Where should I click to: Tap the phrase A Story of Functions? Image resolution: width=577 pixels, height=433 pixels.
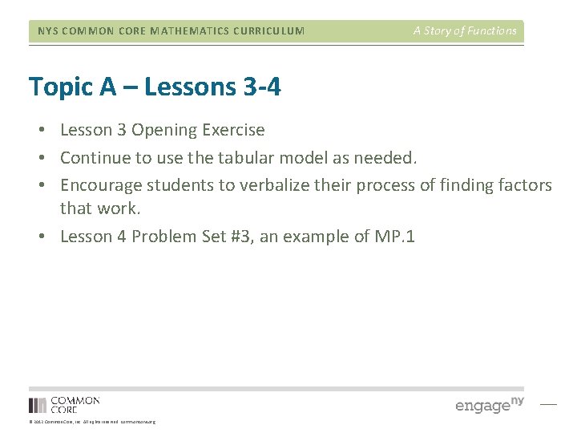coord(465,30)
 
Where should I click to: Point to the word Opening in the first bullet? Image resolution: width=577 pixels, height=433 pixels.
coord(163,130)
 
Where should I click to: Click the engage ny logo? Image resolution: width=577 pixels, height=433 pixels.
coord(489,404)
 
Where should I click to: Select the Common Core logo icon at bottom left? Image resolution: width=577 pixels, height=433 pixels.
coord(38,405)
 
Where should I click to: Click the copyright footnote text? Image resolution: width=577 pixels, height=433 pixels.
coord(92,422)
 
